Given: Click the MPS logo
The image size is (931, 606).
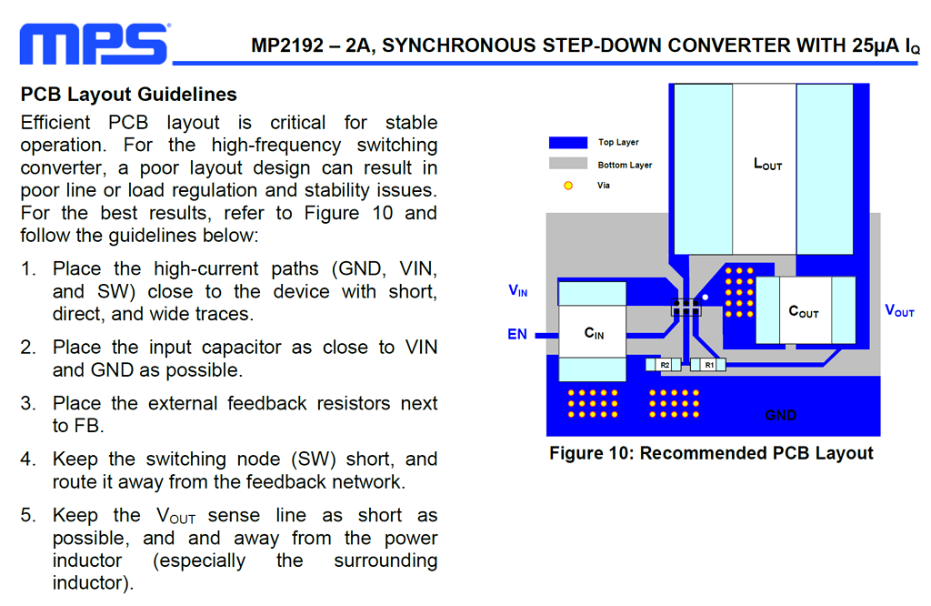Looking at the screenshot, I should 95,44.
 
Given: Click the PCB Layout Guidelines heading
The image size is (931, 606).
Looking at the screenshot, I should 129,95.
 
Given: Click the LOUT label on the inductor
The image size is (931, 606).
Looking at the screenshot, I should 767,165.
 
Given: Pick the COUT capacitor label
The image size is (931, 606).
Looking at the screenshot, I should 803,312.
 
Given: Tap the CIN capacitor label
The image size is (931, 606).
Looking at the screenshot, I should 594,334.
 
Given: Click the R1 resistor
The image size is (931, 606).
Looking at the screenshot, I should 708,365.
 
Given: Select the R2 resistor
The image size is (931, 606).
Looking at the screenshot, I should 664,365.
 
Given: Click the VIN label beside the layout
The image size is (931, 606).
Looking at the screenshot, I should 517,291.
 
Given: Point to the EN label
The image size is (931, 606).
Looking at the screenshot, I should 517,335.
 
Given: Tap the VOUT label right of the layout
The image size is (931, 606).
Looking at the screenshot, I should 899,310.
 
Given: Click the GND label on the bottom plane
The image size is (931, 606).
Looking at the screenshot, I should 780,415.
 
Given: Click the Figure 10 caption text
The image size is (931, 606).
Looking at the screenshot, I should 711,453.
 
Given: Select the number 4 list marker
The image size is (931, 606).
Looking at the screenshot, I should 28,460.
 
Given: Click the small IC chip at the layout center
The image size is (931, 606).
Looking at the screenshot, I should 686,307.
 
